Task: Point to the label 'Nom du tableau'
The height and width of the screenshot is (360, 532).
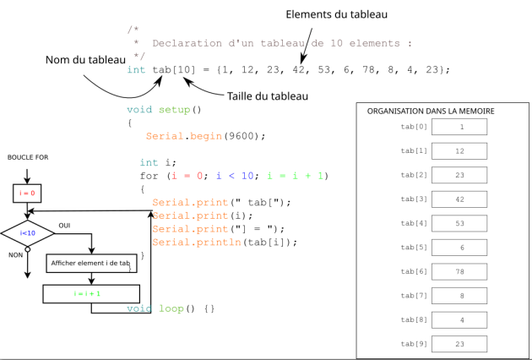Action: [84, 59]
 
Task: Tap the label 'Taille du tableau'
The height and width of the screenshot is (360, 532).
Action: [268, 95]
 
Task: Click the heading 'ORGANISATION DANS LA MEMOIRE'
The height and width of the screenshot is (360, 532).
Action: [431, 111]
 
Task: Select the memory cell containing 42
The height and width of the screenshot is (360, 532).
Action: [459, 199]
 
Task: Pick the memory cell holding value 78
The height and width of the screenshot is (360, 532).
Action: [459, 272]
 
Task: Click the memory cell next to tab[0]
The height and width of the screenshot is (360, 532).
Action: [459, 127]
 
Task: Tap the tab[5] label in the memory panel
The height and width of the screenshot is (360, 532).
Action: [414, 248]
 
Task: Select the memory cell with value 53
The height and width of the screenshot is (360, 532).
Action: [459, 224]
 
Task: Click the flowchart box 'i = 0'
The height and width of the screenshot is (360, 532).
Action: [27, 193]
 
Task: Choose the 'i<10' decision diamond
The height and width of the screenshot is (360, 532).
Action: [27, 232]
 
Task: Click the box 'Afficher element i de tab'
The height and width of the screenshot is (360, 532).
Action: [90, 264]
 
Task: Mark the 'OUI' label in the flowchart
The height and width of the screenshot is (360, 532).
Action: [64, 225]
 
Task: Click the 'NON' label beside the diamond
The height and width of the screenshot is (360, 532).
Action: [15, 254]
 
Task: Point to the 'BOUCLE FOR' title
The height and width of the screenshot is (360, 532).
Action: [27, 157]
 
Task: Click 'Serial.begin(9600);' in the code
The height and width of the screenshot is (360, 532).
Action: [205, 136]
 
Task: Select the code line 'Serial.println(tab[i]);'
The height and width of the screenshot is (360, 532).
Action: [225, 243]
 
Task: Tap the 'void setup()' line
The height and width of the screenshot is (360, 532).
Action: [165, 109]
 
